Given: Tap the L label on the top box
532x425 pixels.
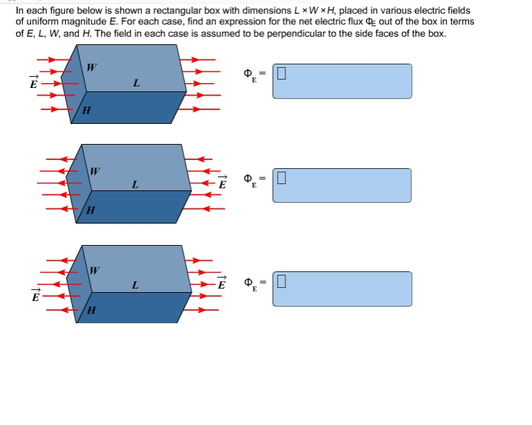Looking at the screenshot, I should [x=136, y=84].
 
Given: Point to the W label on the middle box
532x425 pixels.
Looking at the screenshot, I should [x=95, y=170].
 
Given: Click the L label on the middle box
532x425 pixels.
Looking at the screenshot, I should [x=135, y=185].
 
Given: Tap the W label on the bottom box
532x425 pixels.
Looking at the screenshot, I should [x=95, y=270].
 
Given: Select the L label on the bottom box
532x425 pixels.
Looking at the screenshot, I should [x=135, y=285].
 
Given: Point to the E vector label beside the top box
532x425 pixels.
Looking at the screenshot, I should [x=33, y=83].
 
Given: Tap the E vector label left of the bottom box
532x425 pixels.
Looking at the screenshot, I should [x=35, y=296].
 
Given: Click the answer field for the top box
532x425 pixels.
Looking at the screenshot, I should [x=342, y=81].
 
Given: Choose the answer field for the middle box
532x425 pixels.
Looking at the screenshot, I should [x=342, y=185].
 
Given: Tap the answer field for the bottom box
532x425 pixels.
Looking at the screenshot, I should [x=342, y=288].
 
